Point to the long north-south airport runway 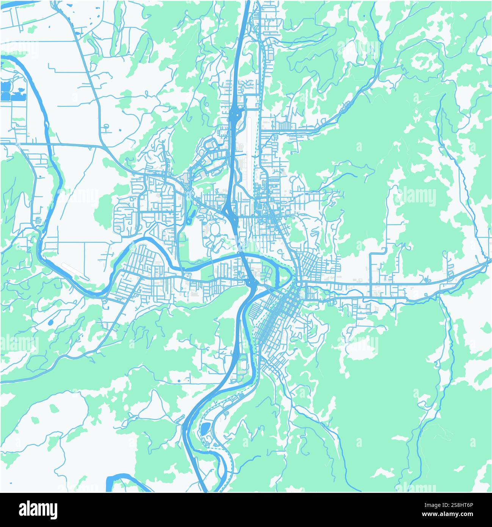249,144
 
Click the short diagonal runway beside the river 76,272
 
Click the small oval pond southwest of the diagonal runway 50,323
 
